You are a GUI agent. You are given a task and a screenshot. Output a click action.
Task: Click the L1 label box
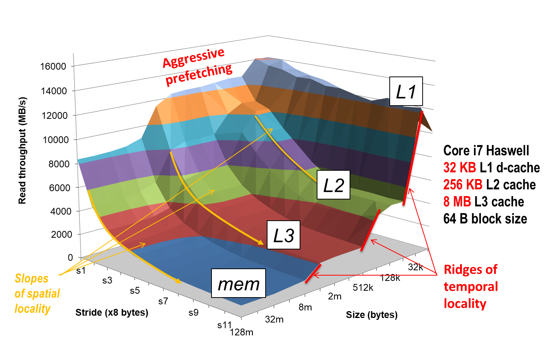tap(406, 92)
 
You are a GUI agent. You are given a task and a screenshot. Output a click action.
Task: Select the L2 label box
tap(333, 185)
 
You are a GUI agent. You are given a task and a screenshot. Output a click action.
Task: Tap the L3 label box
tap(283, 235)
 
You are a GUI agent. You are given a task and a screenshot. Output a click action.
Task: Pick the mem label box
tap(238, 284)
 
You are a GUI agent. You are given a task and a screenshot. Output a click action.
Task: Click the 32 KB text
tap(460, 167)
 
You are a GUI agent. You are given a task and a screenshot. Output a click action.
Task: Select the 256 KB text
tap(463, 184)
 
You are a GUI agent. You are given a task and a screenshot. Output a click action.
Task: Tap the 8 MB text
tap(457, 201)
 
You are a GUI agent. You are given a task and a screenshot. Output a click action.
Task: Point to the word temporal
tap(471, 287)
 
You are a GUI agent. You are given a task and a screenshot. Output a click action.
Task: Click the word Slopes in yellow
tap(31, 279)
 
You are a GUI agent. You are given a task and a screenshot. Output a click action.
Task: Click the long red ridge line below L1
tap(413, 159)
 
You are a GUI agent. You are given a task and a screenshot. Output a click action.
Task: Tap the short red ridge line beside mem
tap(313, 273)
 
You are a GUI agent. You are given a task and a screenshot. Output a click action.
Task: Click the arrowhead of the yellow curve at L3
tap(261, 243)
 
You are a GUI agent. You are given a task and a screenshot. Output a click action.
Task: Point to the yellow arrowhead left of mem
tap(179, 281)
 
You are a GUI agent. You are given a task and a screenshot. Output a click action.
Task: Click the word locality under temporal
tap(465, 304)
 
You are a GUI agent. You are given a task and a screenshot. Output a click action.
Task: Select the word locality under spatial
tap(33, 309)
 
